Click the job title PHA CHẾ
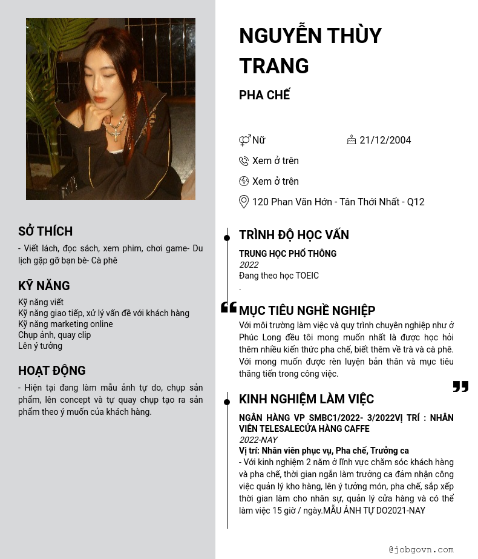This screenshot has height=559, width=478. click(x=264, y=95)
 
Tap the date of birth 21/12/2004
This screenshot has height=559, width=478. click(x=385, y=141)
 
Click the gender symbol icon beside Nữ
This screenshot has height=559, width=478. click(x=244, y=141)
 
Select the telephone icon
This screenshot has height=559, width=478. click(x=244, y=161)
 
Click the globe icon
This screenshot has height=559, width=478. click(x=244, y=181)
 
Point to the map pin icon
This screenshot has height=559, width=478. click(x=244, y=202)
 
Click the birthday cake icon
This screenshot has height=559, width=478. click(x=352, y=140)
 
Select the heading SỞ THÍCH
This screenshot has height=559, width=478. click(x=45, y=231)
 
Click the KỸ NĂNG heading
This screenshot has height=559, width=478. click(x=44, y=286)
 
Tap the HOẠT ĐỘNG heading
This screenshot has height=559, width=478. click(x=52, y=371)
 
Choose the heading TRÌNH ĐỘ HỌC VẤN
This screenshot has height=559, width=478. click(x=294, y=235)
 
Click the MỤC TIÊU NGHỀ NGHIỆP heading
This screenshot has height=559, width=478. click(x=307, y=311)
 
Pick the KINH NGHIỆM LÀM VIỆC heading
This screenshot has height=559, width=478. click(x=307, y=399)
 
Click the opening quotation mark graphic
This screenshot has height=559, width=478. click(x=229, y=308)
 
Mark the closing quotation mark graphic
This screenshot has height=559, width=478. click(x=460, y=386)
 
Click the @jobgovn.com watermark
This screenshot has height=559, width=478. click(x=421, y=550)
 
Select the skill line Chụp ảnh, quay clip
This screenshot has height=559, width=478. click(x=54, y=335)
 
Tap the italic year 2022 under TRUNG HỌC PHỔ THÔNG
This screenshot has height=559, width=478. click(x=249, y=265)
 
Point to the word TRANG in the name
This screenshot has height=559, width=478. click(x=274, y=65)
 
